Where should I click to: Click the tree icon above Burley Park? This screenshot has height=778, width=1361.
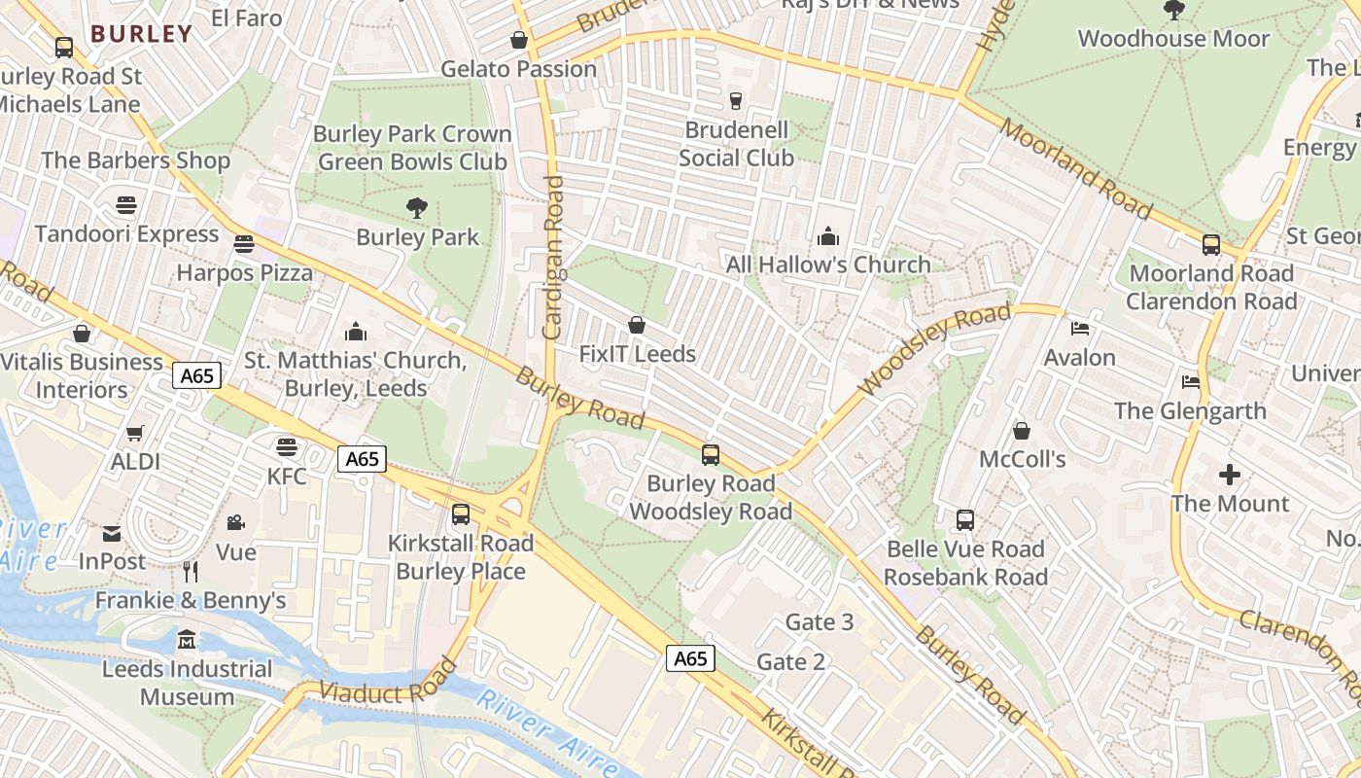pos(417,207)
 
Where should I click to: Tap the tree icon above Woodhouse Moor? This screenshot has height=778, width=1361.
pos(1173,10)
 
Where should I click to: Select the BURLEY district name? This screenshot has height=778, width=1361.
pos(142,34)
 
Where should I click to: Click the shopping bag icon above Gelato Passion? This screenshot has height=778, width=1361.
pos(519,40)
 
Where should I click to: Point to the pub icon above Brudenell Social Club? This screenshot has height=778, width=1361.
pos(735,100)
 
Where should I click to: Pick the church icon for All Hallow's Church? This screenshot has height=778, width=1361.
pos(828,235)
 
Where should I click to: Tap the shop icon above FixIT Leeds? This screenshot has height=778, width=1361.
pos(637,324)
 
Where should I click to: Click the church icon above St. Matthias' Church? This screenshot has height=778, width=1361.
pos(356,332)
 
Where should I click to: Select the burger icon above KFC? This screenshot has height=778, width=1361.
pos(286,446)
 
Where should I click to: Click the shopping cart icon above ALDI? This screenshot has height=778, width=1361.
pos(135,433)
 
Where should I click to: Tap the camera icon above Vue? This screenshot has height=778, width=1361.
pos(235,523)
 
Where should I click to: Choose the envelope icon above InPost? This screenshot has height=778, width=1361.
pos(112,533)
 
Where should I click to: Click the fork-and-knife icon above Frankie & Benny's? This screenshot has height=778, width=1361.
pos(191,571)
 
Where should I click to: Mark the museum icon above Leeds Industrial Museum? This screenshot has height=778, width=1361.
pos(187,640)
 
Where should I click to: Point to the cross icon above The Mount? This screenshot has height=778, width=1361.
pos(1230,475)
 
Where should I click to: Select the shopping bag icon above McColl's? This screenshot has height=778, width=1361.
pos(1022,430)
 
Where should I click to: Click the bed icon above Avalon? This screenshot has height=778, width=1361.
pos(1079,329)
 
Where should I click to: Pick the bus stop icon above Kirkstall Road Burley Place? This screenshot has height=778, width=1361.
pos(461,513)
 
